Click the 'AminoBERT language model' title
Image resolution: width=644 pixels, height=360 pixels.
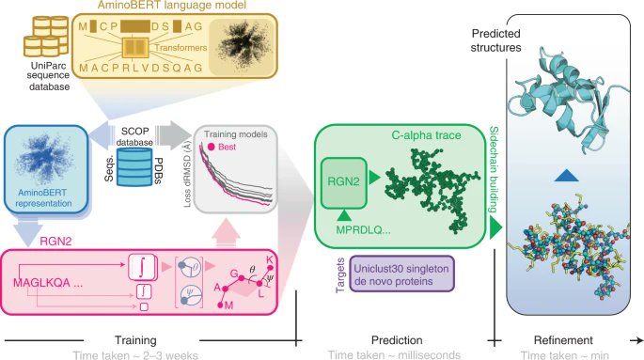[191, 8]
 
